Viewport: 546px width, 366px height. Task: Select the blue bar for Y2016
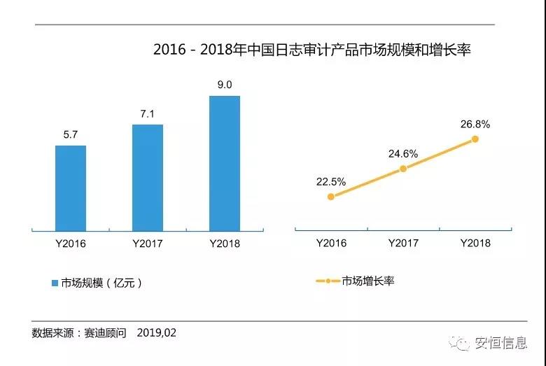71,188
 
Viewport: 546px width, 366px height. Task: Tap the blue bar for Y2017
147,177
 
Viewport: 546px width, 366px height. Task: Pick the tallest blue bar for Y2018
225,162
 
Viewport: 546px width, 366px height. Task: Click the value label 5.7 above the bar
71,136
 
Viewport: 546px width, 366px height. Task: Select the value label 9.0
225,85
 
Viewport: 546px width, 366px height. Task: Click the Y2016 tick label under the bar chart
71,244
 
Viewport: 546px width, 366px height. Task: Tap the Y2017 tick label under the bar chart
147,244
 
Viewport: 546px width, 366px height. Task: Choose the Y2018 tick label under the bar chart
225,244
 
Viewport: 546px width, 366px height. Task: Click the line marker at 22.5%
330,197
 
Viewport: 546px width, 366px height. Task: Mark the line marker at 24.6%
403,169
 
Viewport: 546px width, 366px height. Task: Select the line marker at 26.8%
475,139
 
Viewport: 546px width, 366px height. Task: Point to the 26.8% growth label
475,125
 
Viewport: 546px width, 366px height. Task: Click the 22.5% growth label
330,182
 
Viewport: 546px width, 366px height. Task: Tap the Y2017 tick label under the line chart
403,244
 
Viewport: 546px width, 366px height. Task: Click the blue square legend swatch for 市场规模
55,283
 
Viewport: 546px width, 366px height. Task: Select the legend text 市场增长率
368,281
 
